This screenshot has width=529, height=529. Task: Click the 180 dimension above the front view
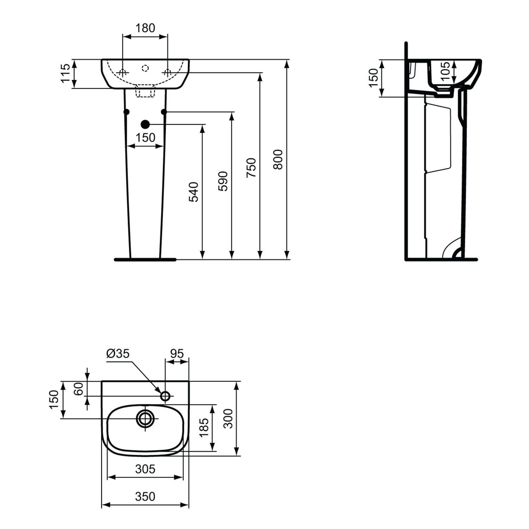tap(145, 28)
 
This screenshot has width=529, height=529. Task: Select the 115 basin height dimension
tap(66, 73)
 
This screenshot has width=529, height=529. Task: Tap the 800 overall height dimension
tap(278, 159)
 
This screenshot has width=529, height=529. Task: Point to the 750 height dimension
tap(251, 168)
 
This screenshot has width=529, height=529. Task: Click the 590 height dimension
tap(223, 181)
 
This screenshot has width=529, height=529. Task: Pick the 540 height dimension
tap(194, 192)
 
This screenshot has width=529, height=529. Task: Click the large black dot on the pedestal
tap(145, 124)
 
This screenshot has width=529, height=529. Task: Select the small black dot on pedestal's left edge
tap(127, 112)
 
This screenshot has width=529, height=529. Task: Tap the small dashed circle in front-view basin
tap(145, 68)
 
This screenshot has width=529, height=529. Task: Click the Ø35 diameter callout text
tap(118, 353)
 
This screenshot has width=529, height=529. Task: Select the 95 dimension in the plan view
tap(177, 353)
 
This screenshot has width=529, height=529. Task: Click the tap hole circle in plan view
tap(165, 396)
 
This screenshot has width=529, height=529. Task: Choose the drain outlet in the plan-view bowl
tap(145, 419)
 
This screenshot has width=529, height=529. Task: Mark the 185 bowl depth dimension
tap(204, 427)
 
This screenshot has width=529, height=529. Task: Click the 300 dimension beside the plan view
tap(228, 419)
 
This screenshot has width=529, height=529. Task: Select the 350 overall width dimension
tap(145, 497)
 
